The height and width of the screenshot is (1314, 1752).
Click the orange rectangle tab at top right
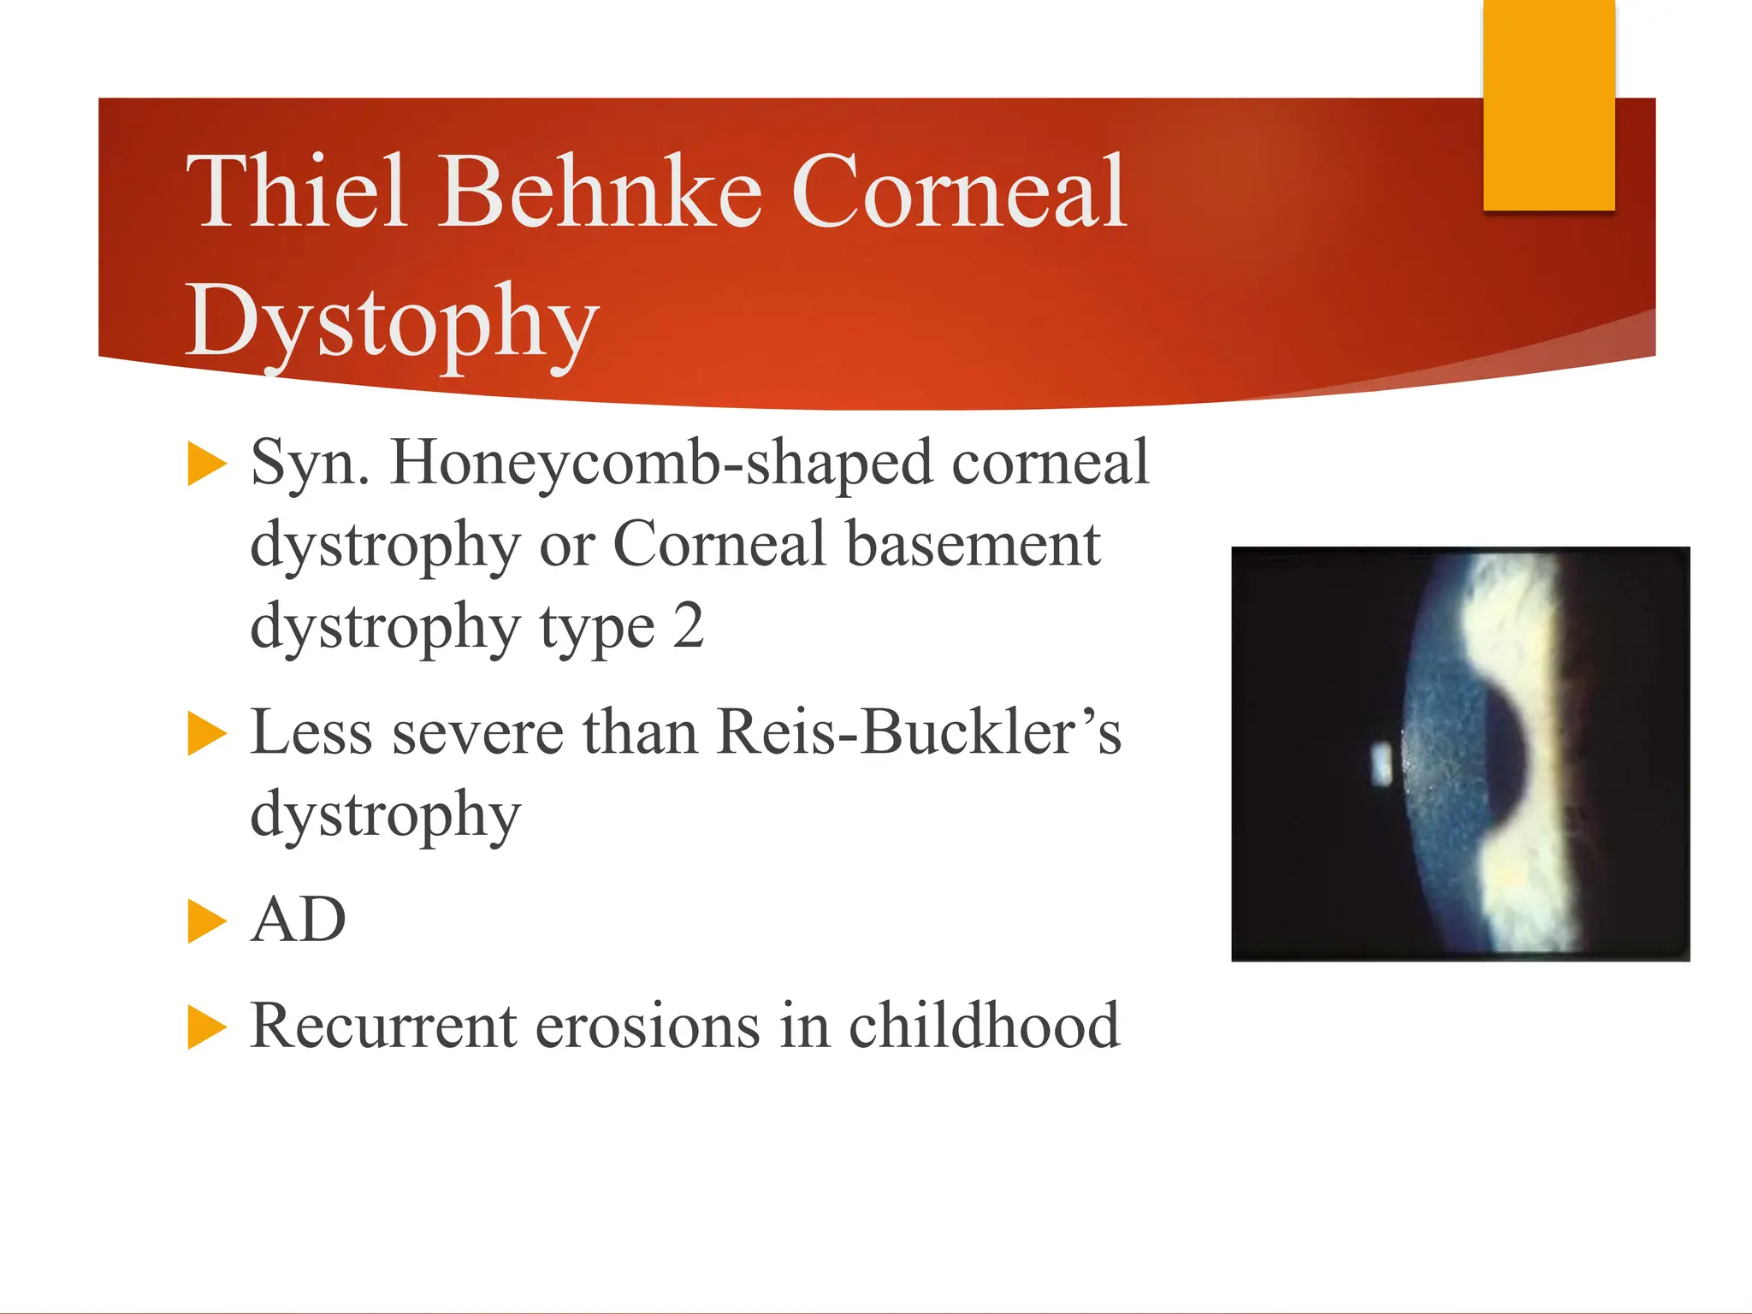[1549, 104]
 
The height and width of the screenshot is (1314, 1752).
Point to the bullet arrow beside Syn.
[207, 464]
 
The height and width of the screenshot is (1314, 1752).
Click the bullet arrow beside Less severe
[207, 734]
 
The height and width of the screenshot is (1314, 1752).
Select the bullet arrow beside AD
[207, 921]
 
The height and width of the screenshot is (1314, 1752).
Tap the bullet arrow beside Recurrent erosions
[207, 1027]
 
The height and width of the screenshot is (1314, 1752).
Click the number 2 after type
[688, 626]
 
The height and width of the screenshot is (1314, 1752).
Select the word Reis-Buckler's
[919, 733]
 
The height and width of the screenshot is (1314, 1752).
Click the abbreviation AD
[299, 920]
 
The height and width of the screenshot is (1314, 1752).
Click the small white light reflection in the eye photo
[1382, 765]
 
